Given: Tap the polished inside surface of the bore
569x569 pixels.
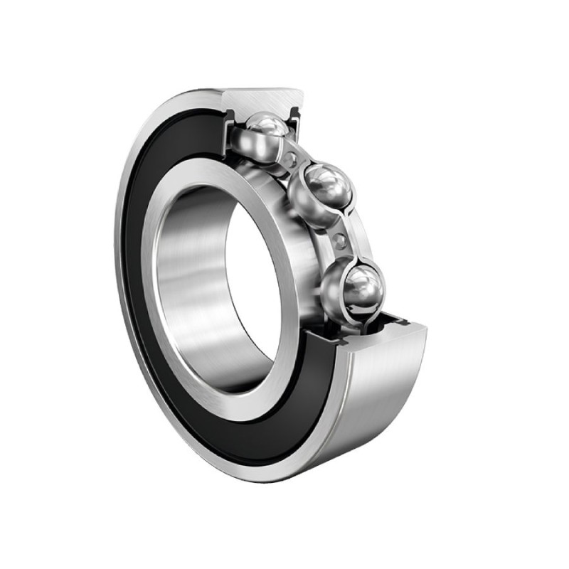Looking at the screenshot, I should [192, 284].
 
